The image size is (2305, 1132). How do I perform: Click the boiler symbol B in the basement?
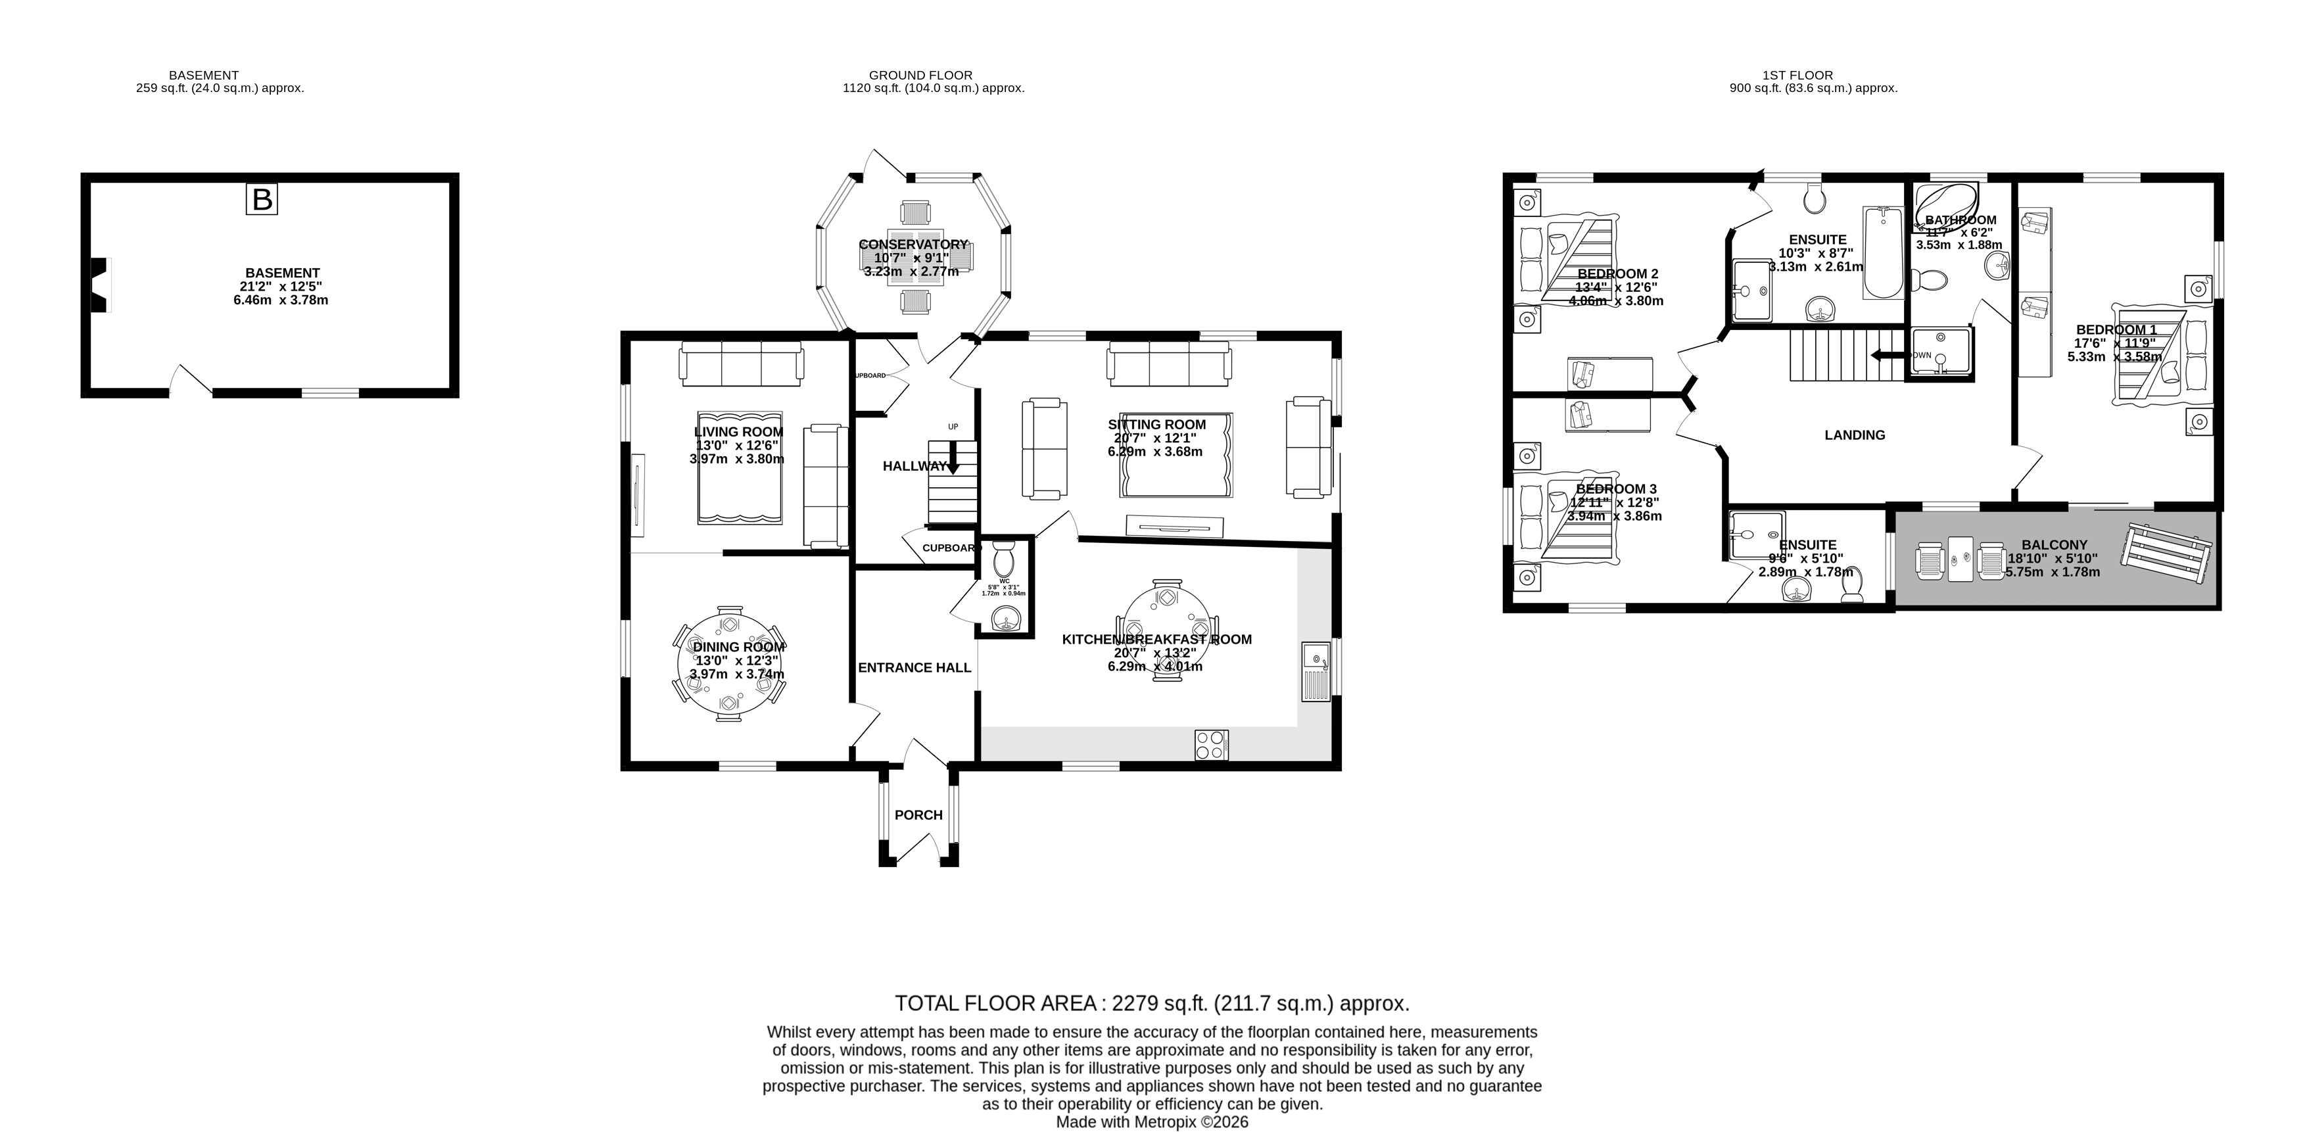pos(262,199)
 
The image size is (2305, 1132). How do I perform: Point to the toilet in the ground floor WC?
pos(1004,559)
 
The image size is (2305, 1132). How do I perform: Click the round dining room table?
pos(729,665)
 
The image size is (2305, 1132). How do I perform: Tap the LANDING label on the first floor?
pos(1854,435)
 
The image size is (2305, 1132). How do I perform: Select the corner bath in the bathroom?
pos(1945,208)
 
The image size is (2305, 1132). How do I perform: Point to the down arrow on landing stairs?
pos(1887,355)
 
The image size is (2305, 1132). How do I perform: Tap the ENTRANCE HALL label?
pos(914,668)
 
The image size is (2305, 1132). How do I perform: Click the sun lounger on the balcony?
pos(2166,553)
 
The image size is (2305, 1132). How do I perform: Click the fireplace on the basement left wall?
pos(99,285)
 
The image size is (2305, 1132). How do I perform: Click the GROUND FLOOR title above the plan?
pos(920,75)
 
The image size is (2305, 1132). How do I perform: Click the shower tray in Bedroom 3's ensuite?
pos(1755,535)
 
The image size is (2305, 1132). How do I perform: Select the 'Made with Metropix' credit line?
pos(1152,1122)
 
